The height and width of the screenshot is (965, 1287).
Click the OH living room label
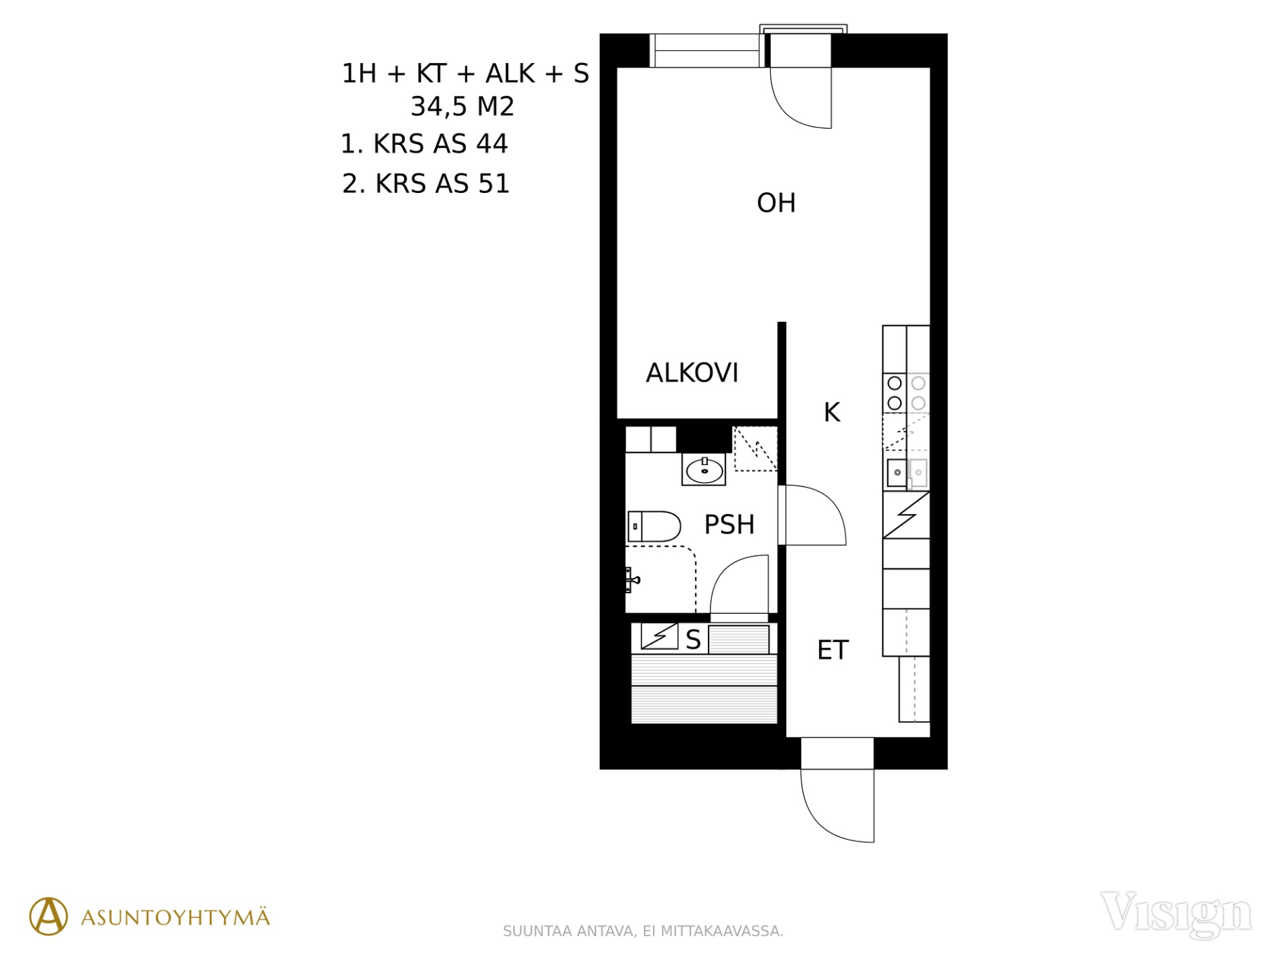776,203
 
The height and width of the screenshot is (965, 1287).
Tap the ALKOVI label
692,373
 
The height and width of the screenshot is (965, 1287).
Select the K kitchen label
832,412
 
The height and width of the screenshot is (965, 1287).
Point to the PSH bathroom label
729,524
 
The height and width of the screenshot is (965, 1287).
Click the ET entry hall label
833,650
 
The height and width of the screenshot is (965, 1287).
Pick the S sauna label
693,640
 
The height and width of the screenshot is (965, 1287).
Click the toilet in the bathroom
654,526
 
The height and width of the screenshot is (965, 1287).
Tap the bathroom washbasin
704,469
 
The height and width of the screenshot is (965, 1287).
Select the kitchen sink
897,472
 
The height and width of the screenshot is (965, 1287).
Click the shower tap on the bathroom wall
632,580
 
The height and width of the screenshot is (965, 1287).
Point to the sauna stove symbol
660,637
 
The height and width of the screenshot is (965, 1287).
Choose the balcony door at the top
801,97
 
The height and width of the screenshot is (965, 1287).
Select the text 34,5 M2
463,107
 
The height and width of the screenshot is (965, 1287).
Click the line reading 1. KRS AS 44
424,144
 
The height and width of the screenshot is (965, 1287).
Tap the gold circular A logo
48,916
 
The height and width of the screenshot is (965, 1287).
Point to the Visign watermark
1176,914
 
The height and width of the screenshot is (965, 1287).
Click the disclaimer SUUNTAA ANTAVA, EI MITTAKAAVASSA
643,931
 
